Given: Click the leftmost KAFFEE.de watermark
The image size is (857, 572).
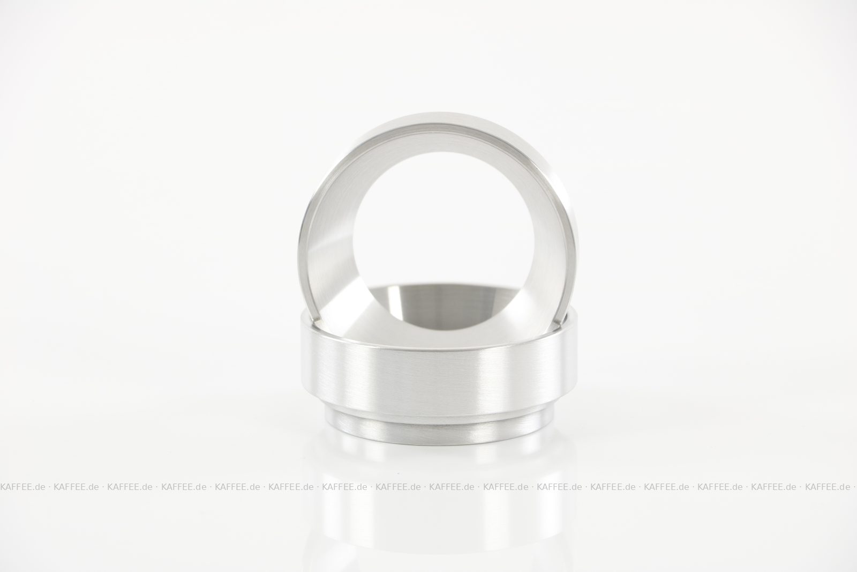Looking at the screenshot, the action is click(23, 487).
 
